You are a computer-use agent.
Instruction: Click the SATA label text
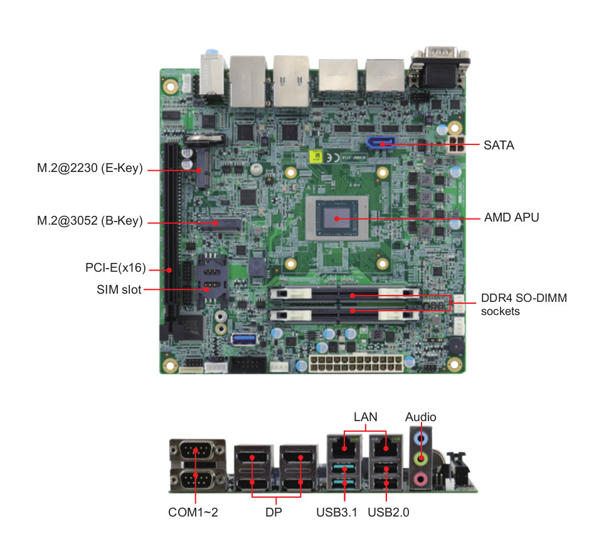click(x=499, y=146)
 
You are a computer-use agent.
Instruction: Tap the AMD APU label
click(x=511, y=218)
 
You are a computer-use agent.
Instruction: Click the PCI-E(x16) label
click(x=115, y=268)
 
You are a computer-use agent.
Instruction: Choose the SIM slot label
click(x=119, y=289)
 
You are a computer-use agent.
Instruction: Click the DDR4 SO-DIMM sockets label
click(x=523, y=304)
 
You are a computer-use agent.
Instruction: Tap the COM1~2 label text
click(x=193, y=512)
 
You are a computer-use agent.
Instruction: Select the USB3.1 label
click(x=337, y=512)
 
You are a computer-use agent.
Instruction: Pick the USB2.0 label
click(x=388, y=512)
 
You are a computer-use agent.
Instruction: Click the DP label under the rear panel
click(x=274, y=512)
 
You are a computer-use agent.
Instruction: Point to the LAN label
click(x=364, y=417)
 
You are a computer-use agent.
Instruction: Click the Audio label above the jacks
click(x=420, y=417)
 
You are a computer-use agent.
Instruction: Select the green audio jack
click(x=422, y=459)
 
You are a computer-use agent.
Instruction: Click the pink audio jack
click(x=422, y=479)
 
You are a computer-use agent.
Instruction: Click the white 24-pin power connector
click(x=354, y=364)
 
